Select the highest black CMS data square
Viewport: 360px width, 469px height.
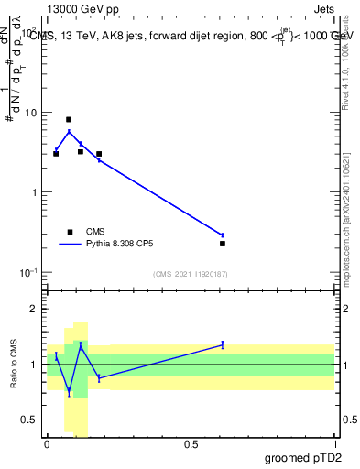click(69, 119)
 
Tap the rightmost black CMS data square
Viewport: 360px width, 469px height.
click(223, 244)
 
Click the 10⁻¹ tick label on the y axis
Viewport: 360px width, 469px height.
click(32, 273)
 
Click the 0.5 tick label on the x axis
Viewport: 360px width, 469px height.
click(191, 445)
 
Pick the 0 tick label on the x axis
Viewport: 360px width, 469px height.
click(47, 445)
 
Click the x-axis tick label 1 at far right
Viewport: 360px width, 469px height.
click(334, 445)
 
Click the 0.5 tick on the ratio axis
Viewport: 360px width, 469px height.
click(32, 420)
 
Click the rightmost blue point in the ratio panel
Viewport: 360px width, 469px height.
click(223, 344)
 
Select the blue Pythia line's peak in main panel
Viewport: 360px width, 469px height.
click(69, 131)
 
